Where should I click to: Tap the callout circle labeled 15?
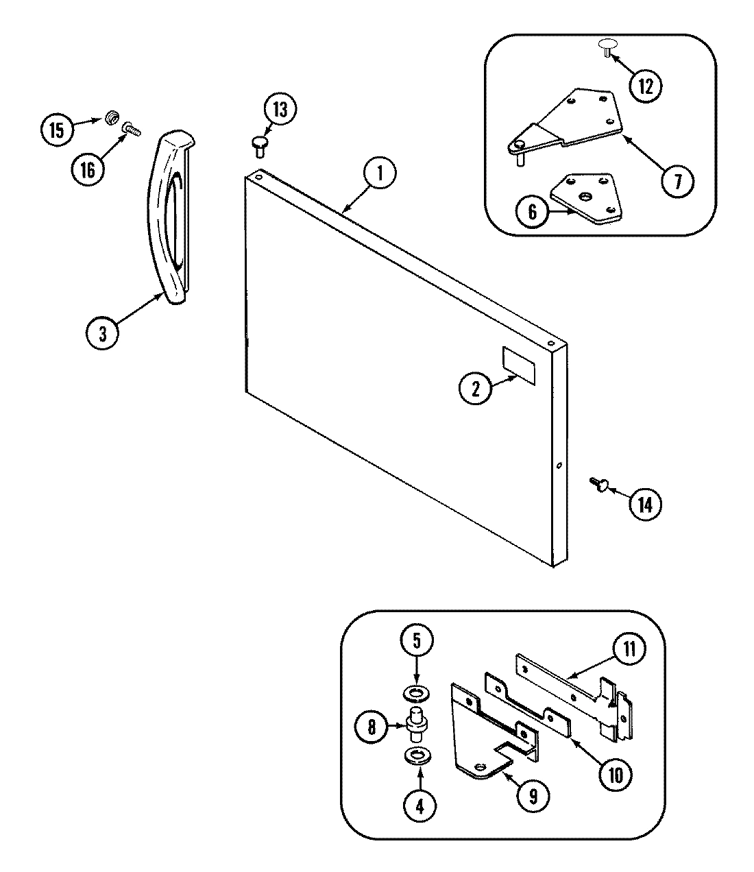point(57,129)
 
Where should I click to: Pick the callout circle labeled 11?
point(628,649)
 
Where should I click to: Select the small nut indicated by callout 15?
point(109,119)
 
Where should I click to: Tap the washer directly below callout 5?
point(415,694)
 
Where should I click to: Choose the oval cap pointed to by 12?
point(607,45)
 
